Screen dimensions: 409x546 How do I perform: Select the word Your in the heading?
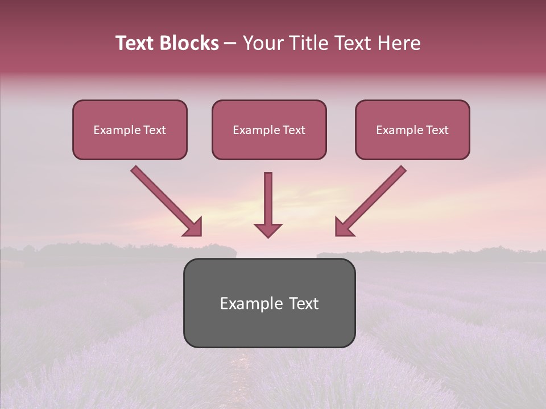pos(262,43)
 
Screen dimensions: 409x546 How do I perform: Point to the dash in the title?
pos(230,43)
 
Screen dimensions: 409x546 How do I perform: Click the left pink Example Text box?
pos(130,130)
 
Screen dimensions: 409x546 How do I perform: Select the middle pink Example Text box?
pos(269,130)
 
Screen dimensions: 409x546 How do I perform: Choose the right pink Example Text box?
pos(412,130)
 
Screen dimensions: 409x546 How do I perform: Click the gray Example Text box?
pos(269,303)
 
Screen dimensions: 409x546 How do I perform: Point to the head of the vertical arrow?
pos(268,229)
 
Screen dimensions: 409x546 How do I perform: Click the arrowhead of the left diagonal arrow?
pos(193,227)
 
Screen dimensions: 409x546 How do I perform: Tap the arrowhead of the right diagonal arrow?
pos(344,227)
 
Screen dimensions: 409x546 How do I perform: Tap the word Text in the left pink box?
pos(155,130)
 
